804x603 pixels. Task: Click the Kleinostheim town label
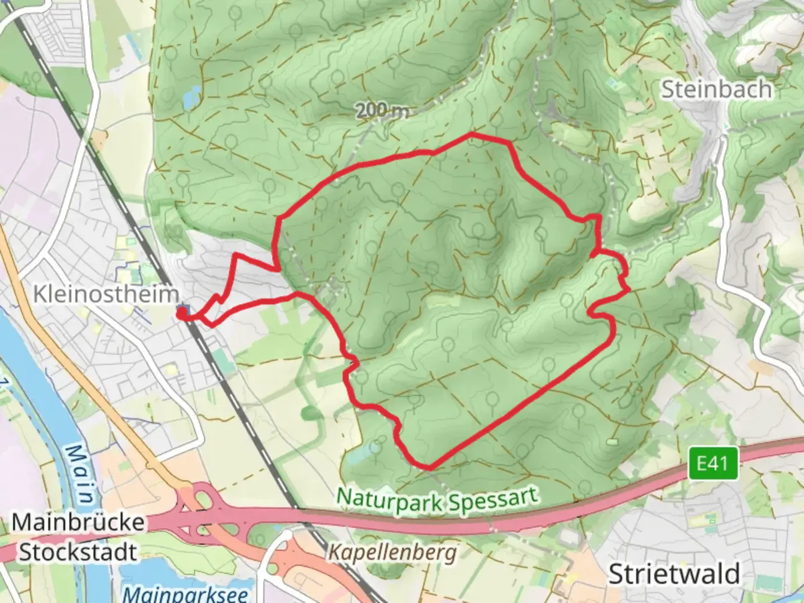[106, 294]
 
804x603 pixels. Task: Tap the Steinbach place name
[717, 89]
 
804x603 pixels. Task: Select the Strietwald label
[674, 573]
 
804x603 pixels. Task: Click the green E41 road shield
[712, 463]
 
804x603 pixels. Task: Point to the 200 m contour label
[382, 111]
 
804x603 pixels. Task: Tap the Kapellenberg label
[392, 553]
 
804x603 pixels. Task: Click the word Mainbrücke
[78, 523]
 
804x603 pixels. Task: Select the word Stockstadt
[78, 552]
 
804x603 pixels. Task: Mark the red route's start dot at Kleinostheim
[182, 314]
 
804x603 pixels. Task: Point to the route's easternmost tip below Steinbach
[629, 289]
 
